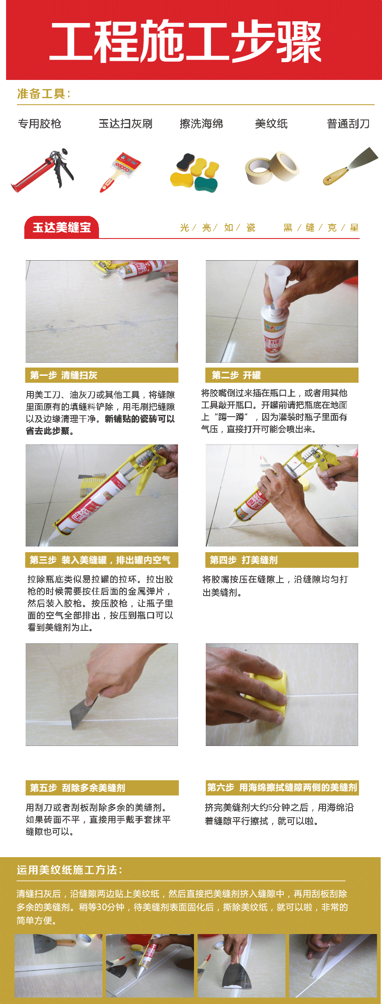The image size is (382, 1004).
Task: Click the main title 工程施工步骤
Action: click(x=185, y=41)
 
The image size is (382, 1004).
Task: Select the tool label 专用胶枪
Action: click(x=40, y=124)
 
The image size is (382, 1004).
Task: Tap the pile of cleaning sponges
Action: click(x=195, y=172)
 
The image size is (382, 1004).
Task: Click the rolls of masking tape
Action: click(x=272, y=168)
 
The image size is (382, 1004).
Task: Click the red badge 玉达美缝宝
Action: click(x=62, y=227)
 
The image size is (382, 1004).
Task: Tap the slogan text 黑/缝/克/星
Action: click(x=321, y=228)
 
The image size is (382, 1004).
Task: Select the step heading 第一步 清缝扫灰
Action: click(x=63, y=375)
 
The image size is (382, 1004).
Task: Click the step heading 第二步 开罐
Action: click(x=236, y=375)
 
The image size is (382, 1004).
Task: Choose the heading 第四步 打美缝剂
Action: click(x=244, y=560)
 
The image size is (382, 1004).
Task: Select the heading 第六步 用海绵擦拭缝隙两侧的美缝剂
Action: click(x=282, y=788)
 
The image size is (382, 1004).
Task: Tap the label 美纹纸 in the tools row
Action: click(x=271, y=124)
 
